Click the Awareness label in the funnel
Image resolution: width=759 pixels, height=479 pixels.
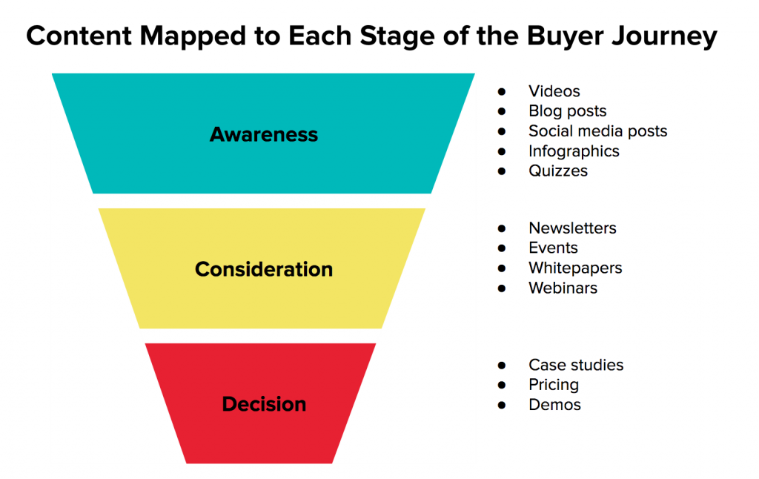(264, 134)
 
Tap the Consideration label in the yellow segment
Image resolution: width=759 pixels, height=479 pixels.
(264, 269)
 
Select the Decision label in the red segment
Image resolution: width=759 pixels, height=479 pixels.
(264, 404)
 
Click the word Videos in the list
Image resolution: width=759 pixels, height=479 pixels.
(554, 91)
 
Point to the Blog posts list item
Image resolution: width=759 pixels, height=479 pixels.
(567, 111)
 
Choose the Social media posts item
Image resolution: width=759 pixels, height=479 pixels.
(598, 131)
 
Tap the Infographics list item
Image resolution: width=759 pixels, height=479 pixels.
(574, 151)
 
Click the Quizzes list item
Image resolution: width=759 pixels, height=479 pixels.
(558, 171)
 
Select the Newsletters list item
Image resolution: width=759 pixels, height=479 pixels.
(572, 228)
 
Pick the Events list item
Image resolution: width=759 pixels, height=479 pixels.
(553, 248)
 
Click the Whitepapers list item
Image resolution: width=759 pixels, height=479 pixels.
(575, 268)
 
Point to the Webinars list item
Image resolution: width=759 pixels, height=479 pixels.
(563, 288)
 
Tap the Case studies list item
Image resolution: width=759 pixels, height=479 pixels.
(576, 365)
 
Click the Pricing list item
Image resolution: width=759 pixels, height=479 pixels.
(554, 385)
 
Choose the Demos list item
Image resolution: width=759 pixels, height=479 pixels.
(554, 405)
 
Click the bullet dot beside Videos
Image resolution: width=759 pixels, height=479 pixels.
(502, 91)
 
